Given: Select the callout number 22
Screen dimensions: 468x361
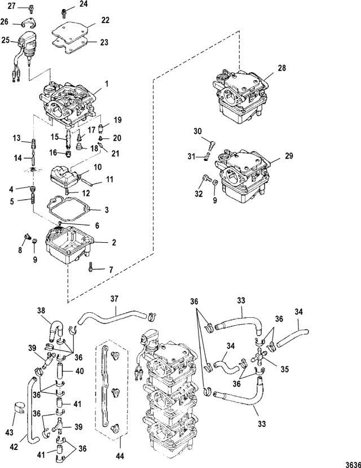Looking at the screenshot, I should [105, 20].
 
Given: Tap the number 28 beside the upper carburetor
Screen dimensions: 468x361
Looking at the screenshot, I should [281, 68].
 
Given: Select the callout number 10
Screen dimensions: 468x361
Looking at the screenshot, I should [98, 168].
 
